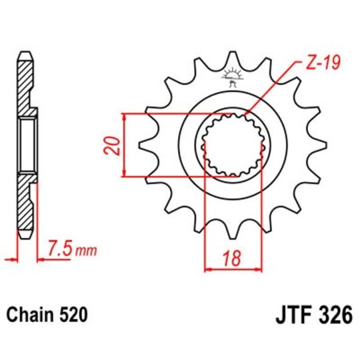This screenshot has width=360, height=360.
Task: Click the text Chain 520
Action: tap(46, 312)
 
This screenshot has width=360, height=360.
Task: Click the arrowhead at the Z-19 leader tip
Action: tap(247, 115)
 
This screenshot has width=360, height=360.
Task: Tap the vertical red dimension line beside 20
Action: tap(125, 145)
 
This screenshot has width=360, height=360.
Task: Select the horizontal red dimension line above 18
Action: tap(233, 269)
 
